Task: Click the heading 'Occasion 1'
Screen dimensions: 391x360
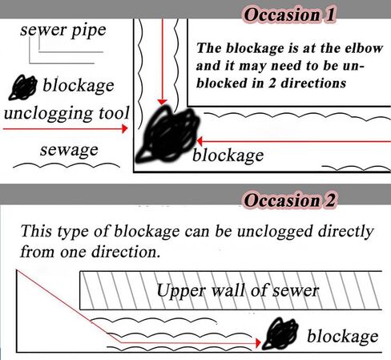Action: [x=289, y=14]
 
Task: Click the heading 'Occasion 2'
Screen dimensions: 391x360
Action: [x=289, y=200]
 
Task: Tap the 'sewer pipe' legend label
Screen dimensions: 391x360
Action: [x=63, y=30]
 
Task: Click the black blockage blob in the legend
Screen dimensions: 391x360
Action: [x=23, y=87]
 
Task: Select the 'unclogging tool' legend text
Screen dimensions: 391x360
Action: [x=67, y=114]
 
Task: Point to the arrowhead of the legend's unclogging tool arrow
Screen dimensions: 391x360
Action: [x=125, y=128]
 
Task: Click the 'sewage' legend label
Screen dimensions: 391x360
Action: [x=69, y=150]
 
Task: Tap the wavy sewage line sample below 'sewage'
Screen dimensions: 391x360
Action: [x=67, y=165]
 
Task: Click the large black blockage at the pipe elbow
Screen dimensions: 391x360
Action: [x=168, y=135]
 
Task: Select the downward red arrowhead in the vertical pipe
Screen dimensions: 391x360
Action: [x=162, y=103]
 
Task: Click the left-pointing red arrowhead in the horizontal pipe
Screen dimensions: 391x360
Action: [x=200, y=140]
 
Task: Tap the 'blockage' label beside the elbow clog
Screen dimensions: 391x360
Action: [x=228, y=156]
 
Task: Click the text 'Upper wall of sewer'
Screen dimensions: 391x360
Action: [x=238, y=290]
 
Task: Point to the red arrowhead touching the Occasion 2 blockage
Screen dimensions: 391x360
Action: [x=258, y=342]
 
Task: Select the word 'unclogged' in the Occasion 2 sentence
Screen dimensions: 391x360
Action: [x=275, y=232]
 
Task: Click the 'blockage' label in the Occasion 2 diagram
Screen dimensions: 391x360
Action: [x=343, y=336]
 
